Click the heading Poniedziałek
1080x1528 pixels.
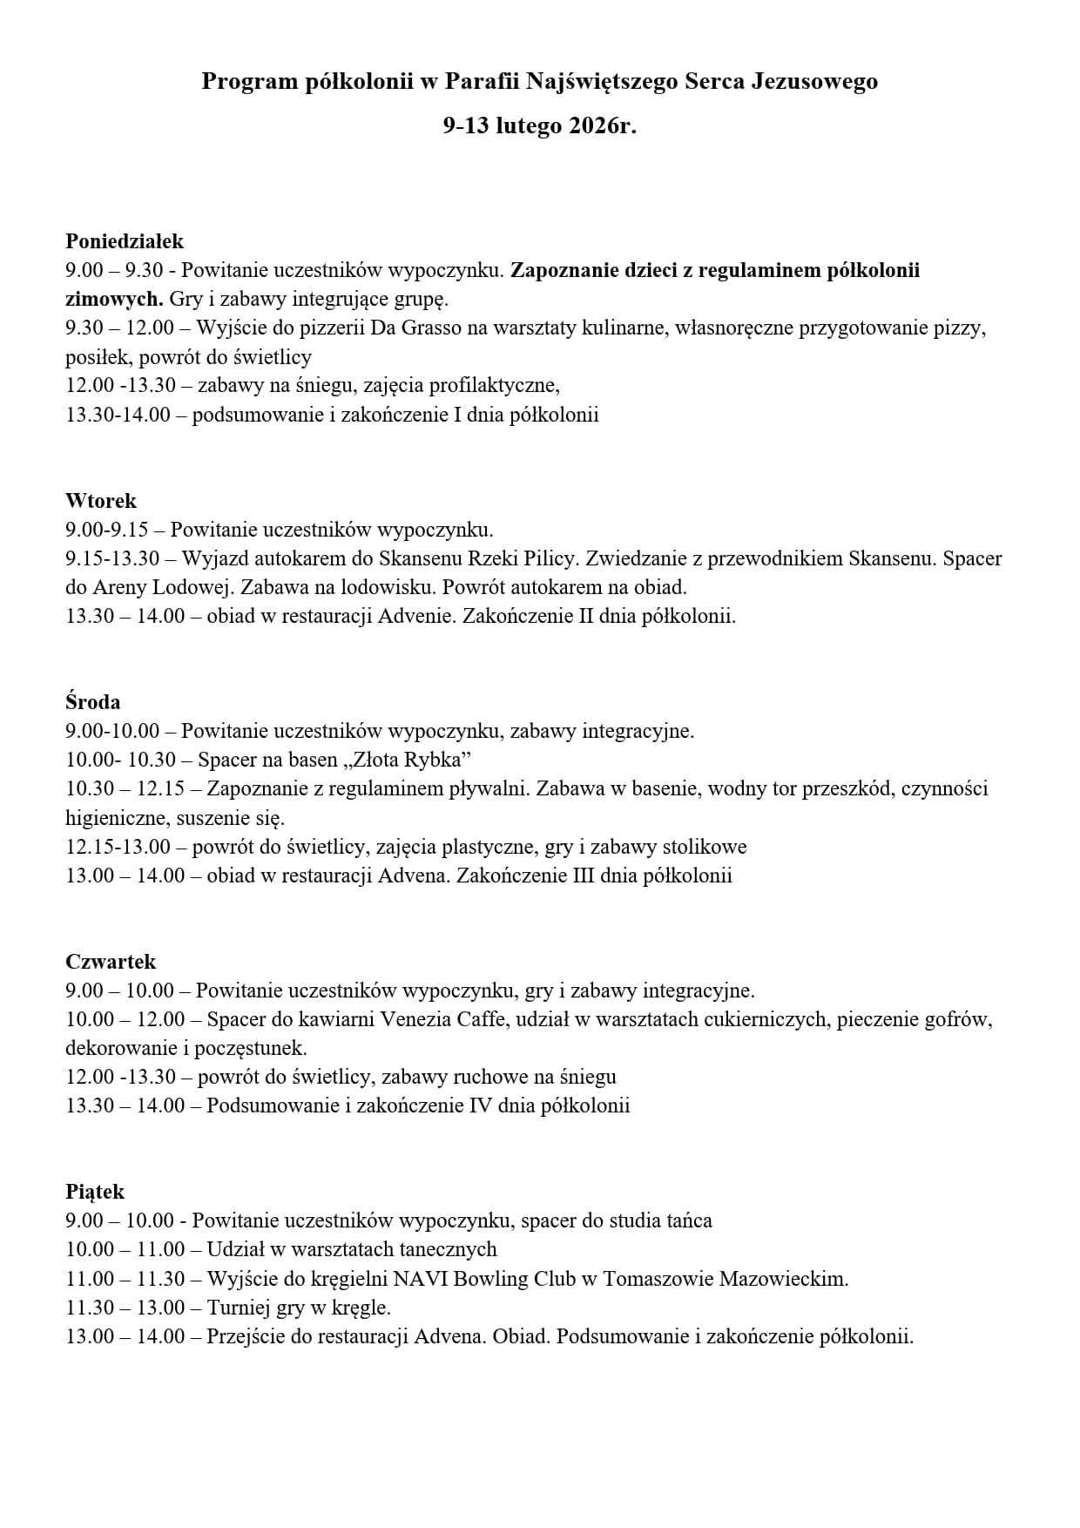tap(125, 241)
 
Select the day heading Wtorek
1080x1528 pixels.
tap(101, 501)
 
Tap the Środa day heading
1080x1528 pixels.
tap(93, 702)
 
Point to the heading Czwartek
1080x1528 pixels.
tap(111, 962)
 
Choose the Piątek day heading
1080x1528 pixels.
tap(95, 1192)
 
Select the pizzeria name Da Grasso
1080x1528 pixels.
tap(413, 328)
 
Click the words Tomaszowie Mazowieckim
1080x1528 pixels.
tap(725, 1279)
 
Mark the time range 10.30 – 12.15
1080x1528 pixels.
tap(125, 789)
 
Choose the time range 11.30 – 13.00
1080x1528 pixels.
tap(125, 1308)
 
